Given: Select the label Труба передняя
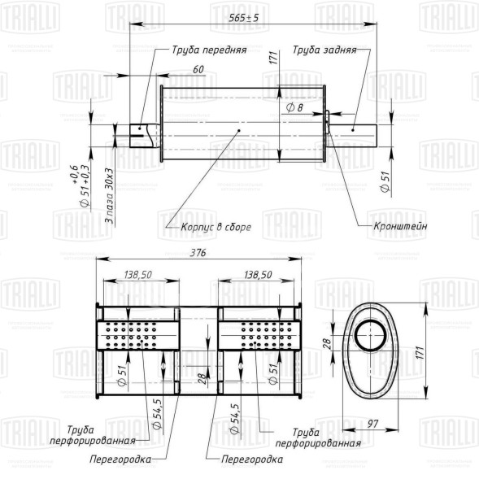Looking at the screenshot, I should click(208, 49).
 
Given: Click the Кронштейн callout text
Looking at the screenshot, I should click(400, 227).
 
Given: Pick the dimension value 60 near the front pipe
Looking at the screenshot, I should click(198, 71).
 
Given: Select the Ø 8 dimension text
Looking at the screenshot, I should click(295, 107).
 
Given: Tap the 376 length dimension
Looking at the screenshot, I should click(198, 254).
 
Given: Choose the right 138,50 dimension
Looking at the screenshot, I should click(257, 277).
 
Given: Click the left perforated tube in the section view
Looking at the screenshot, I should click(138, 334).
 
